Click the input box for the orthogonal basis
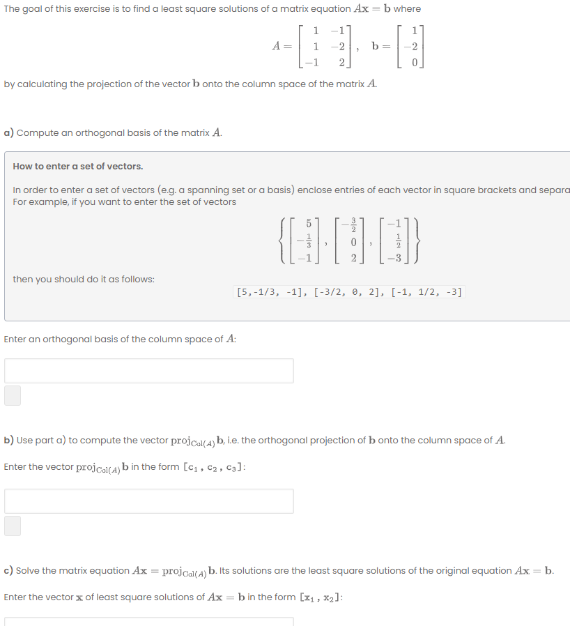click(x=149, y=371)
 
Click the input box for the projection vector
click(x=149, y=501)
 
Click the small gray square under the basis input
click(x=13, y=396)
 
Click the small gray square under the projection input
click(x=13, y=526)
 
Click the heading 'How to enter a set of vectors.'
click(x=78, y=166)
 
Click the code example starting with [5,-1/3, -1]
click(x=349, y=291)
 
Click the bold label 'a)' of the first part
click(x=9, y=132)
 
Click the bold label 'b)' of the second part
click(x=9, y=440)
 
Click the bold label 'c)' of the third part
click(x=9, y=570)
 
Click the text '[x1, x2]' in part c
click(x=321, y=597)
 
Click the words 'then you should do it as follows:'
click(x=84, y=279)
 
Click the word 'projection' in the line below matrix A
click(x=110, y=84)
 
